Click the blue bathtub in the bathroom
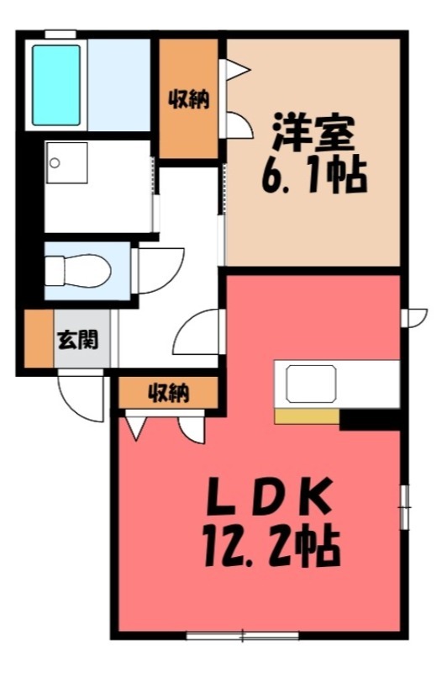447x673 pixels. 56,84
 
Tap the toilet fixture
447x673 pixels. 76,270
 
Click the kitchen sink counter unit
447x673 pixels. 336,384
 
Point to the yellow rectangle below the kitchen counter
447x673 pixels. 307,416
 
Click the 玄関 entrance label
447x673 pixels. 78,341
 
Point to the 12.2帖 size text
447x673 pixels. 269,548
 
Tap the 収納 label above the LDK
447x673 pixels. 168,391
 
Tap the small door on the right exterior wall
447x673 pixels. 413,317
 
